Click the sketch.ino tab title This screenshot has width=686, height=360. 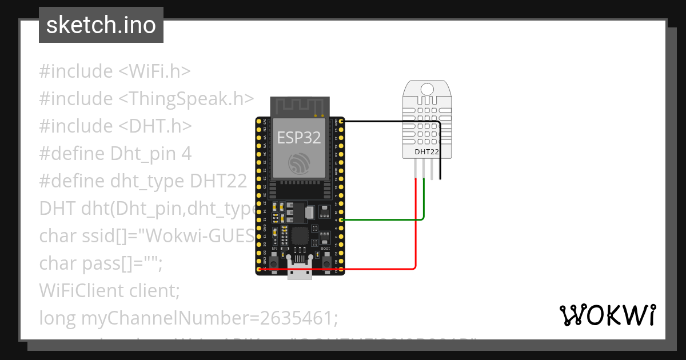101,25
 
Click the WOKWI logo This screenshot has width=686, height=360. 607,315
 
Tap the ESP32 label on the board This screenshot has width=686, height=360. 298,137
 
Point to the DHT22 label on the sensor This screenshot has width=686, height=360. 426,151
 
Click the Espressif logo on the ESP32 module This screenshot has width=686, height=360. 299,164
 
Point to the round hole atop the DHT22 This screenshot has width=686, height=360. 427,89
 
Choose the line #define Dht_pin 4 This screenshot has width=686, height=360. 115,154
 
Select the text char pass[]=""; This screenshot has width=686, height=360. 101,263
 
